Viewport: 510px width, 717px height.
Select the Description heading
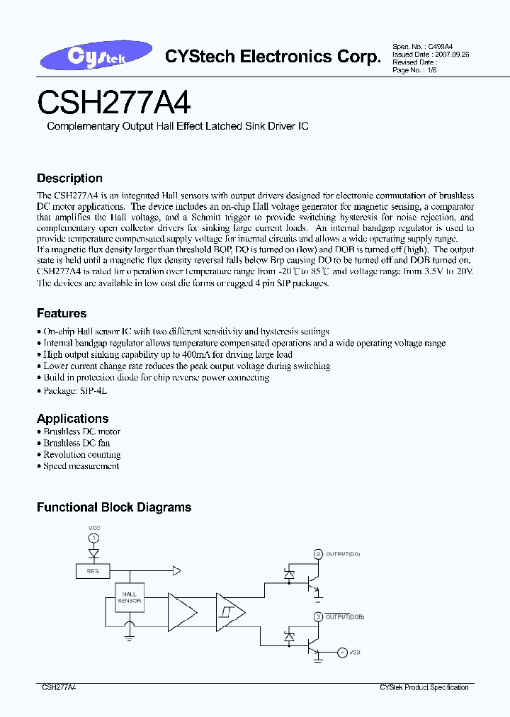pyautogui.click(x=69, y=179)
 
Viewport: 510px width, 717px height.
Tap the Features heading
pyautogui.click(x=62, y=313)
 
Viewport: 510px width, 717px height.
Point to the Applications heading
pyautogui.click(x=73, y=418)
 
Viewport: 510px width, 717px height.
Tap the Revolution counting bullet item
pyautogui.click(x=81, y=455)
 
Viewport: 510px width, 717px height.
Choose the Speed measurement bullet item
pyautogui.click(x=81, y=466)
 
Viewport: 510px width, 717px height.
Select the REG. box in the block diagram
pyautogui.click(x=92, y=570)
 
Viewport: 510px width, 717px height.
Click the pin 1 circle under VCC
pyautogui.click(x=93, y=540)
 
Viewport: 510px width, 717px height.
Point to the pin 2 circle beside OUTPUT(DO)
pyautogui.click(x=318, y=554)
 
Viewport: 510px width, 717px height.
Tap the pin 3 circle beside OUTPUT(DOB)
pyautogui.click(x=318, y=617)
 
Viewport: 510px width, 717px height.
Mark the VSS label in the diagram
pyautogui.click(x=354, y=652)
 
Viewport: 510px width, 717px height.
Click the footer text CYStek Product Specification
pyautogui.click(x=424, y=687)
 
